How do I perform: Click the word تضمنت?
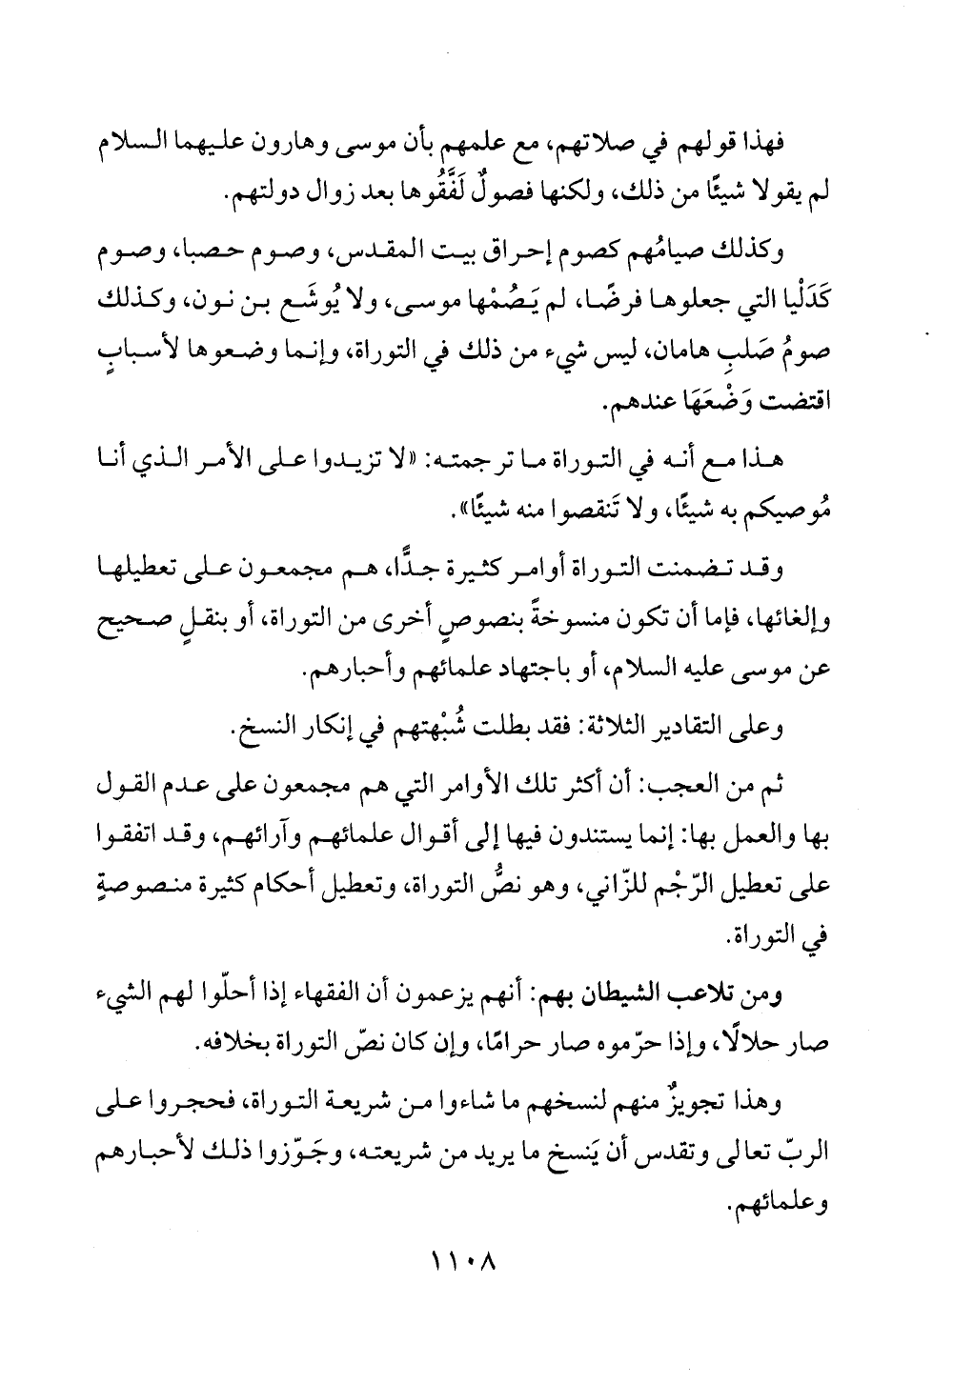678,571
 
